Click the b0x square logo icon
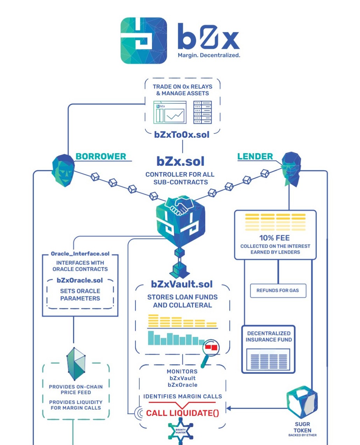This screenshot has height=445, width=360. tap(144, 41)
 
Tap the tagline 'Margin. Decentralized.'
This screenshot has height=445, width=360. tap(209, 55)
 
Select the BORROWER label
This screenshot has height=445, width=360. tap(101, 156)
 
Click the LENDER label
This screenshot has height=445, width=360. tap(255, 156)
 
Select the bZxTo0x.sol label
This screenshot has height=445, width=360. tap(182, 135)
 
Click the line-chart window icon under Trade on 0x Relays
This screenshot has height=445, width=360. tap(170, 112)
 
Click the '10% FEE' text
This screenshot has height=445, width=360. tap(275, 238)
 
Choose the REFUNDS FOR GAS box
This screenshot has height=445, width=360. tap(278, 290)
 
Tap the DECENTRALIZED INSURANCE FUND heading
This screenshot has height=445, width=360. tap(269, 336)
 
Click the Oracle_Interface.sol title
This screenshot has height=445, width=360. tap(80, 254)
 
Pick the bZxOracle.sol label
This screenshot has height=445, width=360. tap(80, 280)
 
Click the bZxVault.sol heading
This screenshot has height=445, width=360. tap(182, 284)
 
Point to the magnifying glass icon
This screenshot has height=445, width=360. tap(210, 350)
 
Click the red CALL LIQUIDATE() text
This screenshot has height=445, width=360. tap(182, 413)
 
